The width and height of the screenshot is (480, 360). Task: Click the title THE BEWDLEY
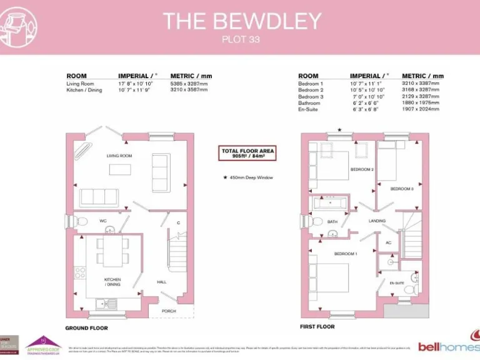click(x=242, y=21)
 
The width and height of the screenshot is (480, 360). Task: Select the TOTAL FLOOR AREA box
click(x=247, y=154)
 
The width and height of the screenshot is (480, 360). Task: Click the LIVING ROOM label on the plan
click(x=119, y=156)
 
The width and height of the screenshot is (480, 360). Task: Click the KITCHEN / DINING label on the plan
click(x=112, y=282)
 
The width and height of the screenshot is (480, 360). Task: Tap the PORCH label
click(x=169, y=311)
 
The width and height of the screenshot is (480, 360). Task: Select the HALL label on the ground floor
click(x=161, y=282)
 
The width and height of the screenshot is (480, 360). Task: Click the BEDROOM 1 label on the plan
click(x=345, y=254)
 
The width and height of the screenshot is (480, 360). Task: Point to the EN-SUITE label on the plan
click(x=397, y=283)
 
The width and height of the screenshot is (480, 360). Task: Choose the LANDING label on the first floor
click(x=377, y=221)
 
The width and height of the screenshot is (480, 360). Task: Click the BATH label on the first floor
click(x=332, y=221)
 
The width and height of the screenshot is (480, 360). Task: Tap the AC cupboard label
click(x=388, y=243)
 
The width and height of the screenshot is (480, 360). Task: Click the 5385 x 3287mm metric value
click(x=189, y=83)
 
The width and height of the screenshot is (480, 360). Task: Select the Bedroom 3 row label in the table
click(x=311, y=96)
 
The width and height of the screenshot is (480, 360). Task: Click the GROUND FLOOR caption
click(x=86, y=328)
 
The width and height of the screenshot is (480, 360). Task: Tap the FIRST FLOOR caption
click(x=317, y=327)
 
